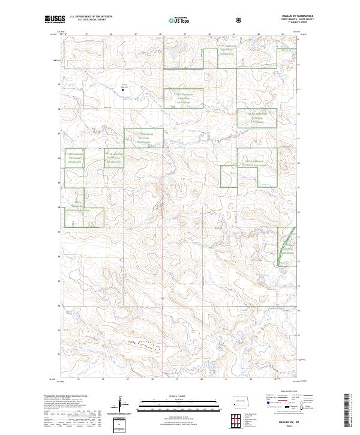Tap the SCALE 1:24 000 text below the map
[x=173, y=396]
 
